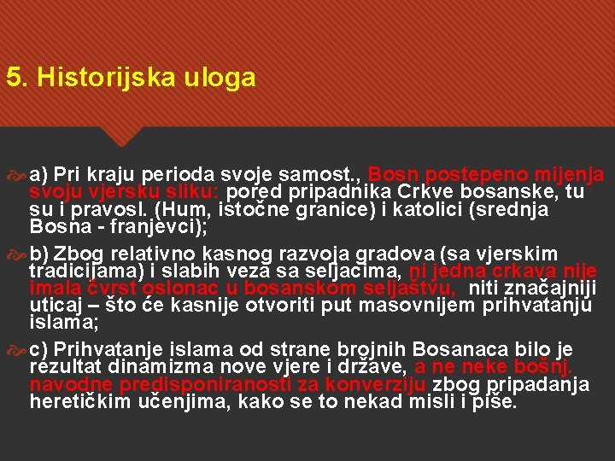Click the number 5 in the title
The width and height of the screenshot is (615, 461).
point(12,79)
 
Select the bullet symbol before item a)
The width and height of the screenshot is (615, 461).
point(18,175)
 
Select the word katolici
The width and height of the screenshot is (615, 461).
point(419,209)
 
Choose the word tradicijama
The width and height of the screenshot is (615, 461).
point(79,271)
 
